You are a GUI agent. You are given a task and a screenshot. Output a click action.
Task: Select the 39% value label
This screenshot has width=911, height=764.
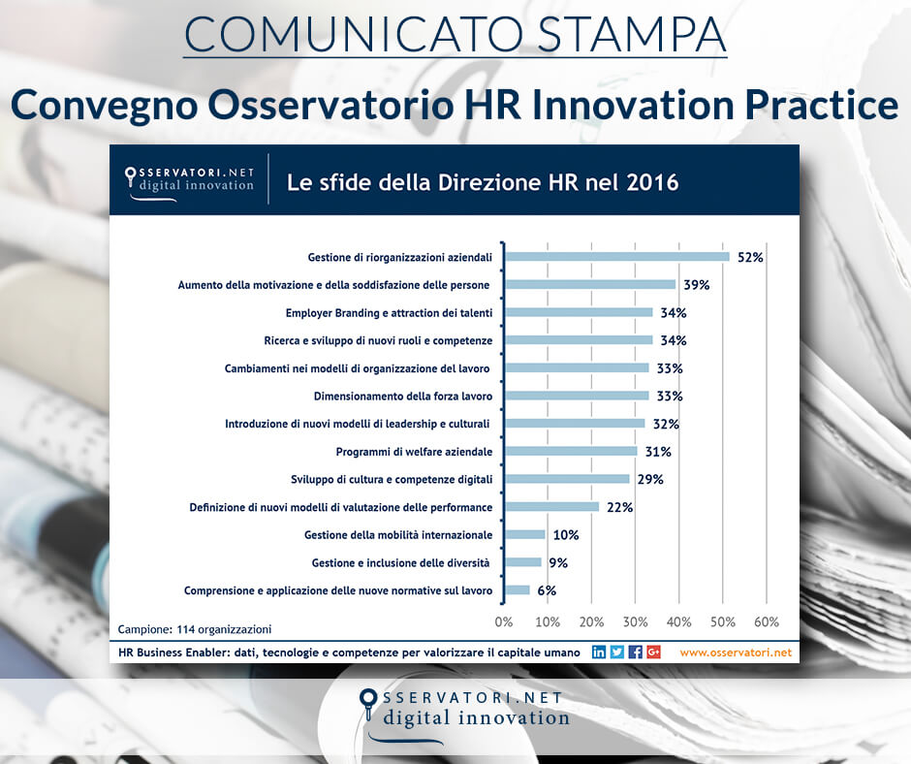click(696, 285)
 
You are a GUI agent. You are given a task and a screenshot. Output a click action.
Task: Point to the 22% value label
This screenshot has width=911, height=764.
click(619, 507)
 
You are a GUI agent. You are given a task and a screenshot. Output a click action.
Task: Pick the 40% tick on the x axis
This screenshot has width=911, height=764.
click(678, 621)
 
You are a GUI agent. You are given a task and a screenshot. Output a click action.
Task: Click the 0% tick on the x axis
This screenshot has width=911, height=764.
click(504, 621)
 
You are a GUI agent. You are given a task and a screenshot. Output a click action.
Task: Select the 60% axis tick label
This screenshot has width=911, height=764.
click(767, 621)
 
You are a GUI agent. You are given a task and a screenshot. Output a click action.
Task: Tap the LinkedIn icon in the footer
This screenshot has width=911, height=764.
click(599, 653)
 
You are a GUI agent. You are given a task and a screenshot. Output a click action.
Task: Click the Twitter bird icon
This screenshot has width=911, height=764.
click(617, 653)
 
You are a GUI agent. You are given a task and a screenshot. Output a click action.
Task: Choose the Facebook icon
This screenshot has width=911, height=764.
click(636, 653)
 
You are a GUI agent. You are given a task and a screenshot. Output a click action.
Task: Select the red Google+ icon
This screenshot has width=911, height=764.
click(654, 653)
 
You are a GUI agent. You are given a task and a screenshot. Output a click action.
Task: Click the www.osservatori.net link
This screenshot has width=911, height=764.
click(736, 653)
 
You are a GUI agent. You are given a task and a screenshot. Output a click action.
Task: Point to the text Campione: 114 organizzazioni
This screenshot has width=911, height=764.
click(195, 628)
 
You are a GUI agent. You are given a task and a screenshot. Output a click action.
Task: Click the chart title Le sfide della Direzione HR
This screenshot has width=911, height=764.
click(482, 182)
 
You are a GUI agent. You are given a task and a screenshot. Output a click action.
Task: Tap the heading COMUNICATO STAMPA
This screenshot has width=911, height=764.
click(455, 34)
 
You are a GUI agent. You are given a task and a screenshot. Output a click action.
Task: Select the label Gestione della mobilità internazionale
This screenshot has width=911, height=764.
click(398, 535)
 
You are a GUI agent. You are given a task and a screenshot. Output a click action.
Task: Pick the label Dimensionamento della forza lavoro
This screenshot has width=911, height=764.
click(403, 397)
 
